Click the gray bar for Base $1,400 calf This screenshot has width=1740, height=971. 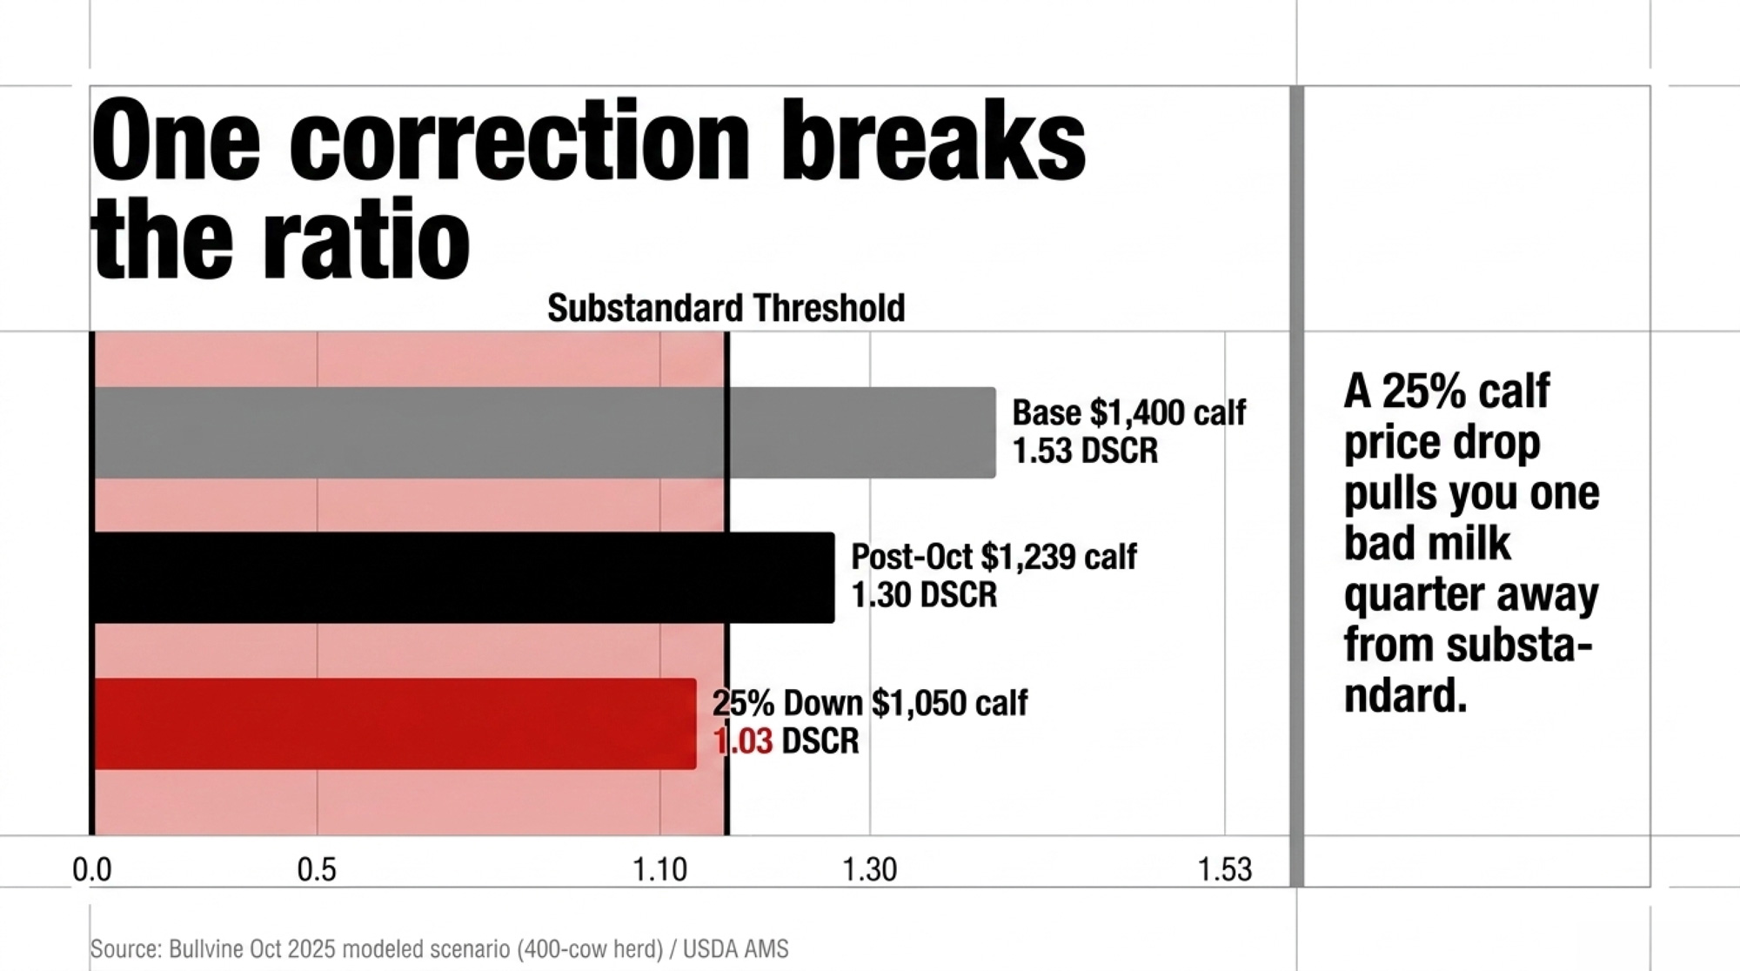(545, 432)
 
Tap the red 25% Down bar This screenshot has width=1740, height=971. (395, 724)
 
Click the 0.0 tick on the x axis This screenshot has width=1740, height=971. (92, 869)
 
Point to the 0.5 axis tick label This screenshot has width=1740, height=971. (317, 869)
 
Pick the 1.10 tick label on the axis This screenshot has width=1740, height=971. (660, 869)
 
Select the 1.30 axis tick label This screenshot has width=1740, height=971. (869, 869)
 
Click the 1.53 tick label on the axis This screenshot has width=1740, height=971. (1225, 869)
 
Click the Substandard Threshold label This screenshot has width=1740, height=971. (726, 308)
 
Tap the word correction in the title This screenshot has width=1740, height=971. (519, 140)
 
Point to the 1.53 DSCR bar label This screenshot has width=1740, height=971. (1086, 451)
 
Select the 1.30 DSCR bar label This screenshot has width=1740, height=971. (924, 595)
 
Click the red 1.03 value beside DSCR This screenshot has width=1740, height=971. (743, 741)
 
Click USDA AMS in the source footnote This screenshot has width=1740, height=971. (736, 948)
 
